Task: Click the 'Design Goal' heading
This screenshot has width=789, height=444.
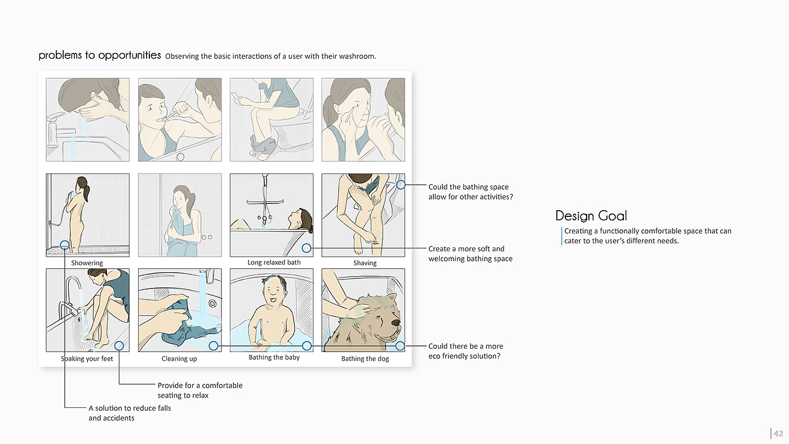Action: tap(591, 215)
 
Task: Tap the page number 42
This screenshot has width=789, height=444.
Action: tap(778, 433)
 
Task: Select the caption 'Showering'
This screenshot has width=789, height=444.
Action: tap(87, 263)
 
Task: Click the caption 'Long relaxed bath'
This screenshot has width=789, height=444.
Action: tap(274, 263)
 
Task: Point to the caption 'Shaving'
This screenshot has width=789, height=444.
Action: tap(365, 263)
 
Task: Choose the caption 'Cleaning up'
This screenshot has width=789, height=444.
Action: tap(179, 359)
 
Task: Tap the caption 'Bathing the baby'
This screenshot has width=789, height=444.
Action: tap(274, 357)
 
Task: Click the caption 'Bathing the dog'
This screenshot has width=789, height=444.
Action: tap(365, 359)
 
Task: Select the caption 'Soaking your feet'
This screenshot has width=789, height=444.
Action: tap(87, 359)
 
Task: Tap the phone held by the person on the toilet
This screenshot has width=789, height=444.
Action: tap(236, 96)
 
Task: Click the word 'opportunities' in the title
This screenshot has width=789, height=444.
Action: tap(129, 56)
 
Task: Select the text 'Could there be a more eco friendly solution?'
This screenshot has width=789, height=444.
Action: tap(466, 351)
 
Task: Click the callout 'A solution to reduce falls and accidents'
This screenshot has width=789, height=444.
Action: tap(130, 413)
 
